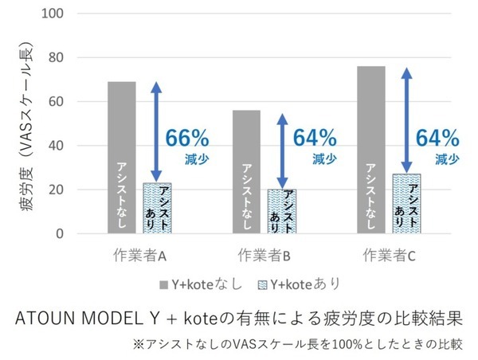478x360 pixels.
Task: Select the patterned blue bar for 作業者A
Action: [x=156, y=209]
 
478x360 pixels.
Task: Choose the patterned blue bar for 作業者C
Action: [x=406, y=204]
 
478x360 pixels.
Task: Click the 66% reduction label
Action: [x=186, y=137]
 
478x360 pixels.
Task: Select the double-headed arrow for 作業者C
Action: [x=407, y=119]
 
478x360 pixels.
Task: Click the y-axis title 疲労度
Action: [x=25, y=206]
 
